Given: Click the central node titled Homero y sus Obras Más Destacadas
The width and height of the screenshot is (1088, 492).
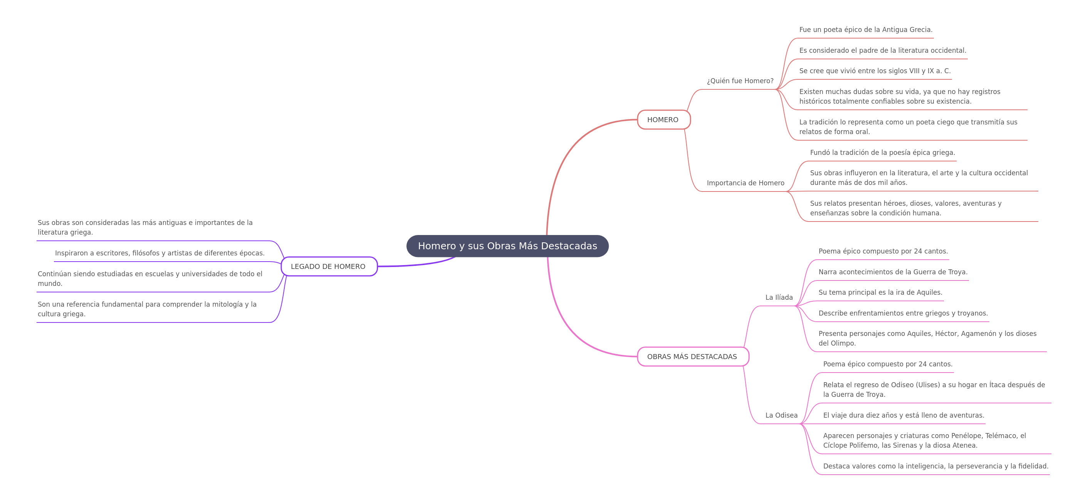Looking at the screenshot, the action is [x=507, y=246].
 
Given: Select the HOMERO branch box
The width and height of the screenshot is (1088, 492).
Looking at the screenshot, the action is [x=663, y=119].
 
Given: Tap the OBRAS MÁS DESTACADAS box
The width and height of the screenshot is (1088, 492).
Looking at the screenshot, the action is [x=693, y=356].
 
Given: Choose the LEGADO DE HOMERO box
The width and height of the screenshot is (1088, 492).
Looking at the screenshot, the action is [x=329, y=267].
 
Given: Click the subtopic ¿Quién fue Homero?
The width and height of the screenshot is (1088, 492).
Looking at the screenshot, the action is [x=740, y=81].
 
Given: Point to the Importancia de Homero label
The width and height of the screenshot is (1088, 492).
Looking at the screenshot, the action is [x=745, y=183].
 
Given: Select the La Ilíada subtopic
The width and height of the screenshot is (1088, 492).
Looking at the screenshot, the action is [x=779, y=297].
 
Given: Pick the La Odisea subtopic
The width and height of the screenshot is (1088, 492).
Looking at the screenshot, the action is [x=781, y=415].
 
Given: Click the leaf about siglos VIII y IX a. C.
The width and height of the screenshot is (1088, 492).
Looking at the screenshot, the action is [x=875, y=71].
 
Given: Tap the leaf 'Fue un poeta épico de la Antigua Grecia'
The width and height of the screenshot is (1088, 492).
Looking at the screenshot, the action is [x=866, y=30].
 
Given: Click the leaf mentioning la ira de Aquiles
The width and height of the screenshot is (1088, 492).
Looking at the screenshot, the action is [x=880, y=292].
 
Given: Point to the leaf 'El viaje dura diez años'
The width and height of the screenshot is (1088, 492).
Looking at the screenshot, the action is [x=903, y=415].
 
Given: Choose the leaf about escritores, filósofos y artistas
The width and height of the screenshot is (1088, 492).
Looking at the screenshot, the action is [x=160, y=253].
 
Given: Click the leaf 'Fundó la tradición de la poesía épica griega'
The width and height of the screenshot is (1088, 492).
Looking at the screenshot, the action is [x=882, y=153].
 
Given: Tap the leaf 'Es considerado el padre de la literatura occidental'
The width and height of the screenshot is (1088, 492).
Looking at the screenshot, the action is [x=883, y=50].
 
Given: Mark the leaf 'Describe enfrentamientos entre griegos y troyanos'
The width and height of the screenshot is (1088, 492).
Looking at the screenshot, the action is [x=903, y=313].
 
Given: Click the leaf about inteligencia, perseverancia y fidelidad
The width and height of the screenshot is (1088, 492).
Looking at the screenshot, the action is [x=935, y=466].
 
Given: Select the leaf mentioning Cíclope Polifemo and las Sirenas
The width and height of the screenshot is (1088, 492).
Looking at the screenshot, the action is [x=924, y=440].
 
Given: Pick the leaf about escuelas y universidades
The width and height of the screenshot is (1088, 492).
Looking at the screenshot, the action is [x=150, y=279].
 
